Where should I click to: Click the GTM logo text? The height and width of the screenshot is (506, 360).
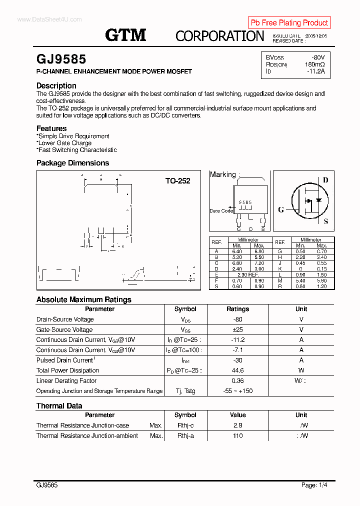[125, 35]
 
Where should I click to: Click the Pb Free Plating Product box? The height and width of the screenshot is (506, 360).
[289, 22]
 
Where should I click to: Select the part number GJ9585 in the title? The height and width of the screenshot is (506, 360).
[61, 60]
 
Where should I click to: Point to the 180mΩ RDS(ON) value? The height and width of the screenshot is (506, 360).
[314, 64]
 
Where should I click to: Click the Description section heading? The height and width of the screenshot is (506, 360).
[56, 85]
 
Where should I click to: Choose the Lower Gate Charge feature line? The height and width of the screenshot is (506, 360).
[64, 143]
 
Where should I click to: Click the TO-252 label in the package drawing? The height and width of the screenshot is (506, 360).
[178, 181]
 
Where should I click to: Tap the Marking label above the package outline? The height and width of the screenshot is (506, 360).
[223, 174]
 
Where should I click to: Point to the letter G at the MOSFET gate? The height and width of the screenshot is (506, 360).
[281, 209]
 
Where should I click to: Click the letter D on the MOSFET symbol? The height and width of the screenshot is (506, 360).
[325, 180]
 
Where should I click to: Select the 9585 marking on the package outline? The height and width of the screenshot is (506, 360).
[245, 202]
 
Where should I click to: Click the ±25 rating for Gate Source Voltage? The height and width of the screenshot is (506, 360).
[238, 329]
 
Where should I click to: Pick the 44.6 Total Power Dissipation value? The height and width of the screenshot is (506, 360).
[238, 370]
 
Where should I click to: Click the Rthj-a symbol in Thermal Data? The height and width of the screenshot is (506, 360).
[185, 435]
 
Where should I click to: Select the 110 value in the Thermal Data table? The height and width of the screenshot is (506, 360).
[238, 435]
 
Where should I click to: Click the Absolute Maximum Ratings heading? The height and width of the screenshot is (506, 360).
[84, 299]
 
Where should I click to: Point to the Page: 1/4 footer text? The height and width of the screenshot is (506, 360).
[314, 485]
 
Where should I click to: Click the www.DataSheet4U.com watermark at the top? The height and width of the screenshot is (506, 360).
[49, 19]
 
